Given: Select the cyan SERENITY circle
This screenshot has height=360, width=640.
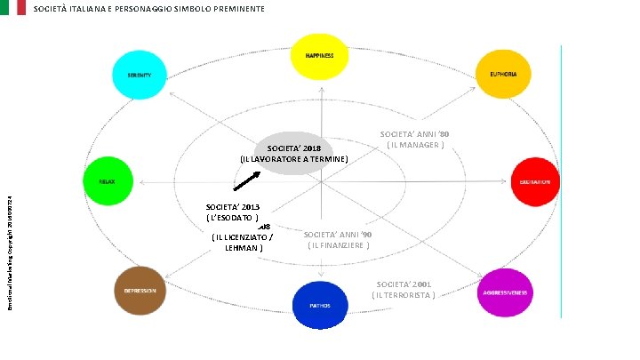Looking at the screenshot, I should tap(139, 75).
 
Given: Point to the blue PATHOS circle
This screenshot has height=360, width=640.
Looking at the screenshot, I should tap(320, 305).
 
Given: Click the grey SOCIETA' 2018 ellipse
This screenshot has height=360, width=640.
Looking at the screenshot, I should tap(293, 152).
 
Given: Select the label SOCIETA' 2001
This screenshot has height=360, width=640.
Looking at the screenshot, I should tap(404, 284).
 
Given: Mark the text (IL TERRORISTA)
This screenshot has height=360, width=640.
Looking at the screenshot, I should tap(404, 295).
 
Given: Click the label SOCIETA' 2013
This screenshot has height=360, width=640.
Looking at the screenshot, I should tap(232, 206).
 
